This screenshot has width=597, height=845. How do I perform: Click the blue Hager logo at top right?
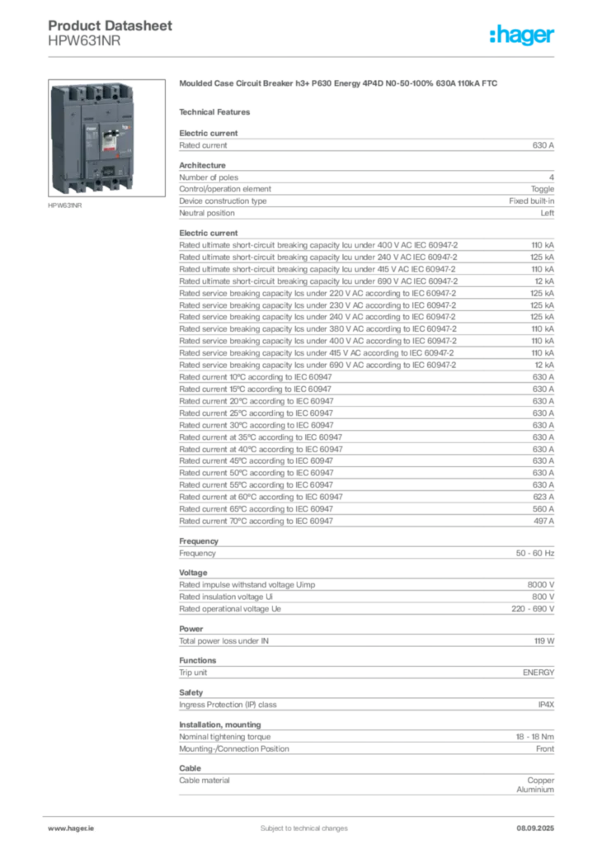click(524, 35)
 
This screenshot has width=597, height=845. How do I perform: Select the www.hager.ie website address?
click(68, 828)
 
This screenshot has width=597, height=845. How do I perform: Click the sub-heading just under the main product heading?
click(219, 111)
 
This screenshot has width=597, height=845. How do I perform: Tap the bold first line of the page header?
click(112, 25)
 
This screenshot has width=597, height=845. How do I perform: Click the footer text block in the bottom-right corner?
click(537, 824)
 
